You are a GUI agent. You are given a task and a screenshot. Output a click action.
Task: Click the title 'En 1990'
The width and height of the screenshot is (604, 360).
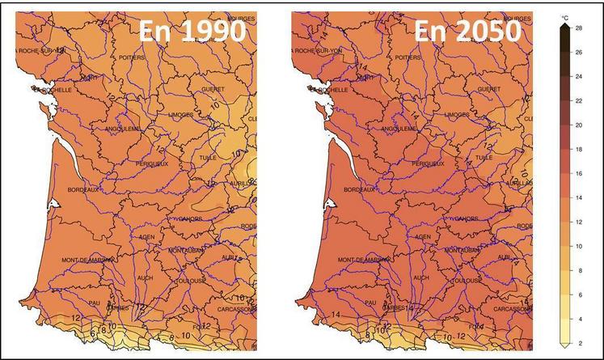coord(191,32)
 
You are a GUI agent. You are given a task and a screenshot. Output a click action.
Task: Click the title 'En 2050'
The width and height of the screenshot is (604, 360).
coord(467,32)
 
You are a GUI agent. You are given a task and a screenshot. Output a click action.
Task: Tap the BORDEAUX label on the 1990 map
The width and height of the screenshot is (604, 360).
coord(81,190)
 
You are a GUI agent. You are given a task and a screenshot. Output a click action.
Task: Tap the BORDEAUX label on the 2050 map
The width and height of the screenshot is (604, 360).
coord(361,190)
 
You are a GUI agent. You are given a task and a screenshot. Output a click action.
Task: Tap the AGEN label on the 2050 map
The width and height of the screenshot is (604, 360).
coord(423,237)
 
